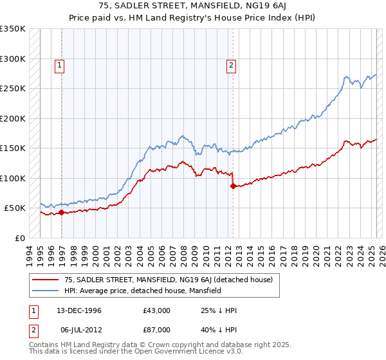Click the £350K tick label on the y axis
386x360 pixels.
12,29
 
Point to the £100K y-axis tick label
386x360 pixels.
12,178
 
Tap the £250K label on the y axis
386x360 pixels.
12,89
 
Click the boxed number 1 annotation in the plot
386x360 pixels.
59,64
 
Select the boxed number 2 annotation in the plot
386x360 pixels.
230,64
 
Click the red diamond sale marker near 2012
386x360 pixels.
232,186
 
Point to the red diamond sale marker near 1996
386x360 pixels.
61,212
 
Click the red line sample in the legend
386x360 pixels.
46,280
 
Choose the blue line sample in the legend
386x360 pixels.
46,291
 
